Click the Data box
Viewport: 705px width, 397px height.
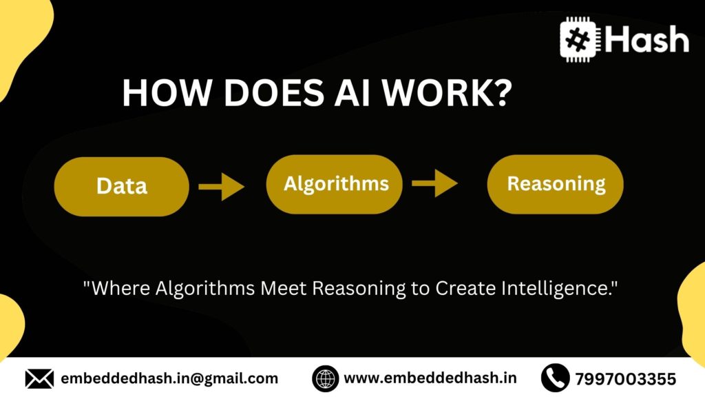(x=121, y=186)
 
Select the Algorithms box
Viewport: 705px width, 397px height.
(x=335, y=184)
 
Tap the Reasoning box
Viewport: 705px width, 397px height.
(x=556, y=184)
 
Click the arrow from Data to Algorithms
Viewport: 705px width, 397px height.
(x=221, y=186)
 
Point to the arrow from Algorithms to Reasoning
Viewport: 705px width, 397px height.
(x=434, y=184)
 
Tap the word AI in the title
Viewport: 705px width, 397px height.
(x=361, y=93)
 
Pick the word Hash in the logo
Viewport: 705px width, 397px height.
(x=647, y=39)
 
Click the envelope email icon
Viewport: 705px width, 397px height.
(x=39, y=378)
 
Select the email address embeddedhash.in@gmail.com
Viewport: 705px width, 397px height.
(x=169, y=378)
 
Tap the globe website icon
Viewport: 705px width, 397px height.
(x=326, y=378)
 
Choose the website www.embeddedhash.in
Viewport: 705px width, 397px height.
(x=430, y=378)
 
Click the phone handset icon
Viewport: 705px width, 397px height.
(x=555, y=378)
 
